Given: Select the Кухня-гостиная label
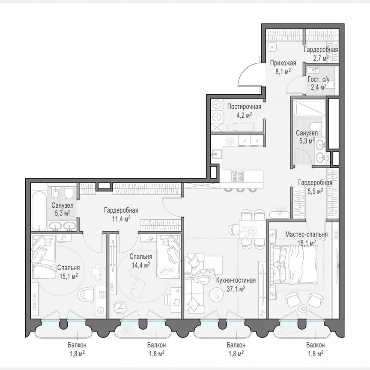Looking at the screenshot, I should click(236, 281).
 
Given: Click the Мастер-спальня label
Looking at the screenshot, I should click(307, 235).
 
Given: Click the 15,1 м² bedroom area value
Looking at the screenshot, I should click(68, 277).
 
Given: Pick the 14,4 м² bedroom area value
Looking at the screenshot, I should click(140, 265).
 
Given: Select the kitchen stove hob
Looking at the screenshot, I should click(238, 175).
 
